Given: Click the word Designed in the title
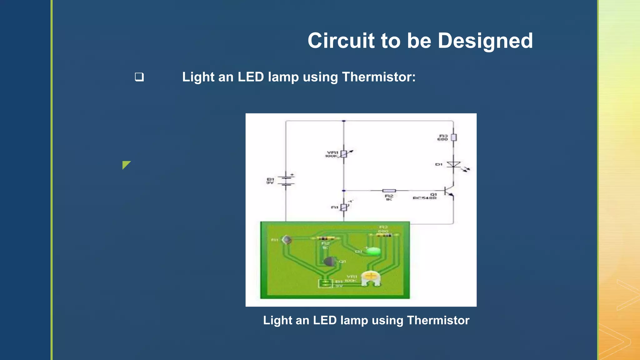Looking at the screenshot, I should [485, 41].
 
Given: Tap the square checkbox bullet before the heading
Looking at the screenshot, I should [139, 77].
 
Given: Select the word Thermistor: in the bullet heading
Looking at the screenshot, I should [379, 77].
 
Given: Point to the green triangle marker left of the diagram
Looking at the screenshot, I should [126, 165].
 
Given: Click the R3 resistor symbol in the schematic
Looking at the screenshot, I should [453, 137].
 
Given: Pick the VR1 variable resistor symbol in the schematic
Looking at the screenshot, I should [344, 154].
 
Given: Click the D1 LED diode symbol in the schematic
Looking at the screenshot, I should [453, 165].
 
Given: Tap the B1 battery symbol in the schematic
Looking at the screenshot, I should [286, 181].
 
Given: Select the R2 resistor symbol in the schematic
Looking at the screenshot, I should [389, 191].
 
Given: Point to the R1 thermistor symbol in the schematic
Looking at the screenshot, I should [344, 207].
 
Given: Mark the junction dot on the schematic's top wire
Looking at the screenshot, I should [344, 121].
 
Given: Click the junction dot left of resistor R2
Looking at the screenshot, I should [344, 191].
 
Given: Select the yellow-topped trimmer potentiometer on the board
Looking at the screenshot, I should [371, 278].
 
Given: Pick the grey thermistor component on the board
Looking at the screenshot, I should [287, 240].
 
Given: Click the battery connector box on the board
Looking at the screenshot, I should [325, 283].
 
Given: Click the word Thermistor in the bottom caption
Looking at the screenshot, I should [438, 320].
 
